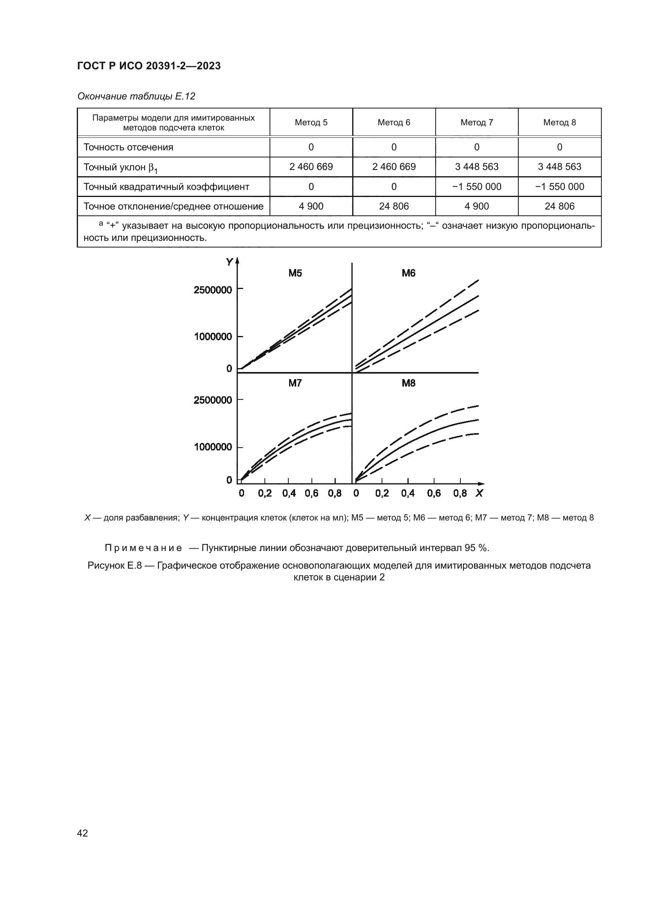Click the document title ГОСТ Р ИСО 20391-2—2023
[149, 66]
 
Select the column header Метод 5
[311, 123]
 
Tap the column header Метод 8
[559, 123]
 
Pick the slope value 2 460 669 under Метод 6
[394, 167]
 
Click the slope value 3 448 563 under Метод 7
[476, 167]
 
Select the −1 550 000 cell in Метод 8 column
[559, 187]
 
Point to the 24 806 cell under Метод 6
[394, 206]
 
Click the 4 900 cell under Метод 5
[311, 206]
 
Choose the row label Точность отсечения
[128, 147]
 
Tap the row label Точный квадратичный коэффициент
[166, 187]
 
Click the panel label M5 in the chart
[295, 273]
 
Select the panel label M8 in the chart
[409, 383]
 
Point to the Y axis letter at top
[229, 262]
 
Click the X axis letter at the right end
[479, 493]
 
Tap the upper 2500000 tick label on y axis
[213, 290]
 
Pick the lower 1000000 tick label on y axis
[213, 447]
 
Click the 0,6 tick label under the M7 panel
[311, 493]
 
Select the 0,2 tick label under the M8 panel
[382, 493]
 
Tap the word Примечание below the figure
[143, 548]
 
